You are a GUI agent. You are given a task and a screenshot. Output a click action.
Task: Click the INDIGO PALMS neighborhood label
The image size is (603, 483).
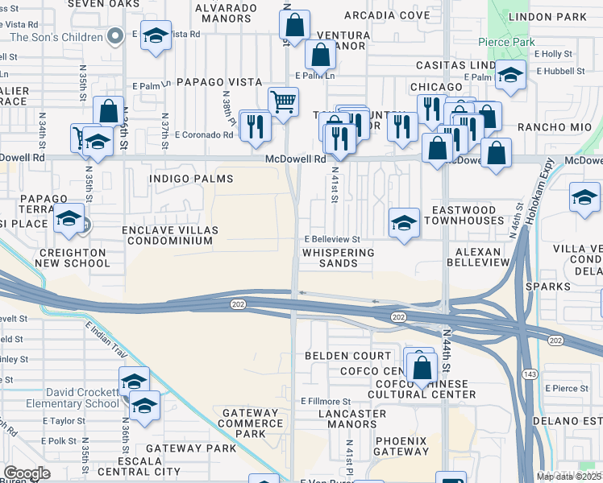192,179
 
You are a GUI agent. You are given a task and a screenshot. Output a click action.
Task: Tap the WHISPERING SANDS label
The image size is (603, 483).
339,258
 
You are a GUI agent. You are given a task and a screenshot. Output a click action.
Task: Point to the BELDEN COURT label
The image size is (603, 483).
347,356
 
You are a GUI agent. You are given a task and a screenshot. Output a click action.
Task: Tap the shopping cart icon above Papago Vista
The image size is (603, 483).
283,101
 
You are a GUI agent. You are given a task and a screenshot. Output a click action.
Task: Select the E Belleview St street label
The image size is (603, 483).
331,240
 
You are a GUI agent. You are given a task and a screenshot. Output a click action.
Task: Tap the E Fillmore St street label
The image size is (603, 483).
326,401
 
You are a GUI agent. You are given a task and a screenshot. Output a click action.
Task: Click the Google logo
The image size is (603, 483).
27,473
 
